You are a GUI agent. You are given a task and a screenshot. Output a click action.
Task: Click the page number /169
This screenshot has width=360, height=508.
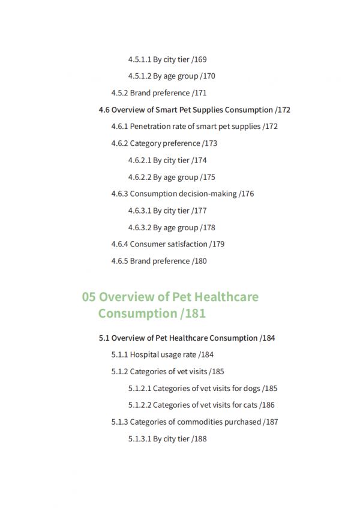tap(199, 59)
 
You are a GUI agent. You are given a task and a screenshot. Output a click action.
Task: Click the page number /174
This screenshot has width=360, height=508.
tap(199, 160)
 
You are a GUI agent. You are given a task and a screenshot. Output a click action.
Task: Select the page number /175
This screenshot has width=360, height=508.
tap(208, 177)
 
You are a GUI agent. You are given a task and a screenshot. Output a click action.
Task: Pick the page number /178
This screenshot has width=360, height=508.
tap(208, 227)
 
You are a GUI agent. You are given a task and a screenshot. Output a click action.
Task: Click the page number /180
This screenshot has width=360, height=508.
tap(199, 261)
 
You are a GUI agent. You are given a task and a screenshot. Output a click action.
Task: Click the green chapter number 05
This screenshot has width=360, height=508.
tap(89, 297)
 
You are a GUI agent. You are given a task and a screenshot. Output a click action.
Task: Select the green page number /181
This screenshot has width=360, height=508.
tap(192, 314)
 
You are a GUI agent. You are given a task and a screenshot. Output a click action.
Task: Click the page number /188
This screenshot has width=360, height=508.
tap(199, 438)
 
